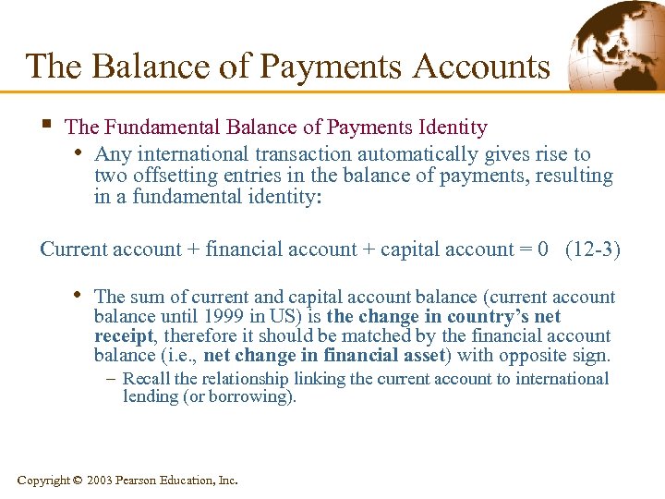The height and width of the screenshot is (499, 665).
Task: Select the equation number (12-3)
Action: (x=592, y=249)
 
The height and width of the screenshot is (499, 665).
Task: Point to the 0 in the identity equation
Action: (x=542, y=249)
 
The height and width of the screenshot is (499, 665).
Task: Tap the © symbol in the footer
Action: (x=77, y=481)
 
